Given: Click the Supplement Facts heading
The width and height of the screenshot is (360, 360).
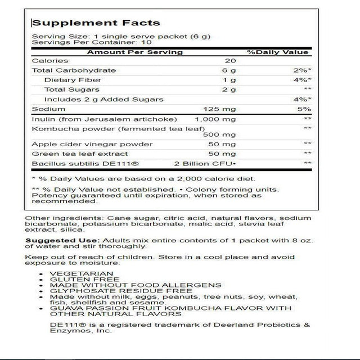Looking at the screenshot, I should point(96,23).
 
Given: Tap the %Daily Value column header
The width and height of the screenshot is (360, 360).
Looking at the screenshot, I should point(278,52).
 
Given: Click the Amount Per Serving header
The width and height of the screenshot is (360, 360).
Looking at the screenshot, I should point(134,52).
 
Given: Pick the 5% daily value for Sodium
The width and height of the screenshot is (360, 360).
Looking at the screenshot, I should point(303,109).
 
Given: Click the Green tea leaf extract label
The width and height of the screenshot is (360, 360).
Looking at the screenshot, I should point(74,153).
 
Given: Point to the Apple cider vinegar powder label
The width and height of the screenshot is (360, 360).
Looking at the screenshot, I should point(85,144).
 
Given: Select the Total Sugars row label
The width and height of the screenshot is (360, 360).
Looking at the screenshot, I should point(71,89).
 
